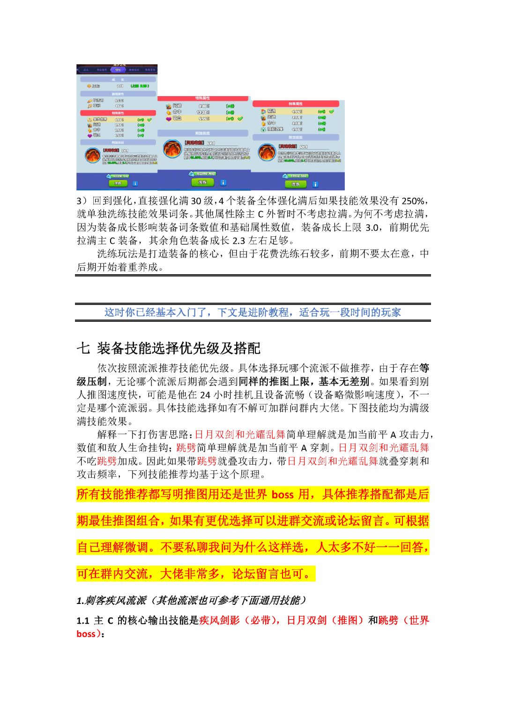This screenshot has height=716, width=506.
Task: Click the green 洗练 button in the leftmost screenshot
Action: (x=118, y=183)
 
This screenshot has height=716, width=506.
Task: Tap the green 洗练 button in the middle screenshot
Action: (x=202, y=182)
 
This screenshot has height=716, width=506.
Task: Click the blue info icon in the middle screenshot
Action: (x=223, y=182)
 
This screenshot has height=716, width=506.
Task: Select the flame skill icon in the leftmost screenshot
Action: (x=92, y=155)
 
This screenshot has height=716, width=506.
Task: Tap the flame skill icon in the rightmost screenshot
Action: (x=267, y=152)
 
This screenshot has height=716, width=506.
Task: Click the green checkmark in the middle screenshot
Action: (x=240, y=119)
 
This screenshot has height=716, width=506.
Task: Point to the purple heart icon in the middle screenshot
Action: (x=168, y=119)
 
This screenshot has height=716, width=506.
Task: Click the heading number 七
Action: (x=83, y=348)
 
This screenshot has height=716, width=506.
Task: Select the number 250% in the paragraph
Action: (x=413, y=201)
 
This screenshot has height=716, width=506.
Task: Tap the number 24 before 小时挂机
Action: (x=205, y=395)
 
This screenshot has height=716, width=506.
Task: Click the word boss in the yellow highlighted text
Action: (x=282, y=495)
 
